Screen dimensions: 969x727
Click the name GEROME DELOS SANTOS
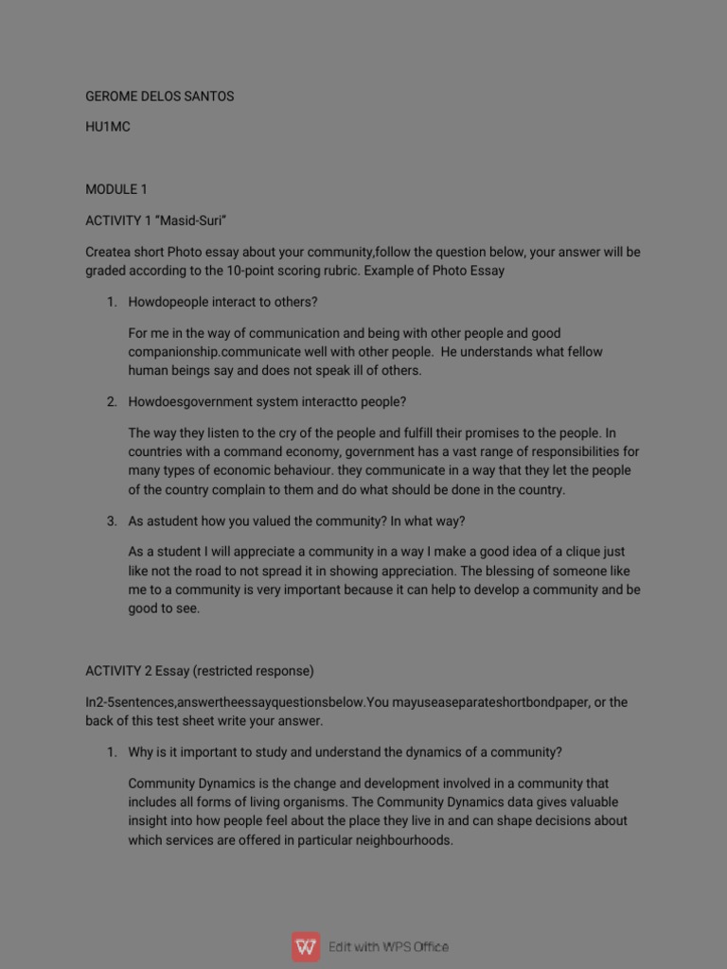pos(159,97)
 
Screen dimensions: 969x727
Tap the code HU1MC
pos(108,127)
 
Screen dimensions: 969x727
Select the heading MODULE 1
pos(116,189)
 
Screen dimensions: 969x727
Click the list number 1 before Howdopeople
pos(111,302)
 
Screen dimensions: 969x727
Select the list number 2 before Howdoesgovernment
pos(111,402)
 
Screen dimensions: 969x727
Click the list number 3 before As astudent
pos(111,521)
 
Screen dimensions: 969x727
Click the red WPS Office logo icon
pos(306,946)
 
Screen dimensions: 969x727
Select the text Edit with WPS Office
pos(388,947)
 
